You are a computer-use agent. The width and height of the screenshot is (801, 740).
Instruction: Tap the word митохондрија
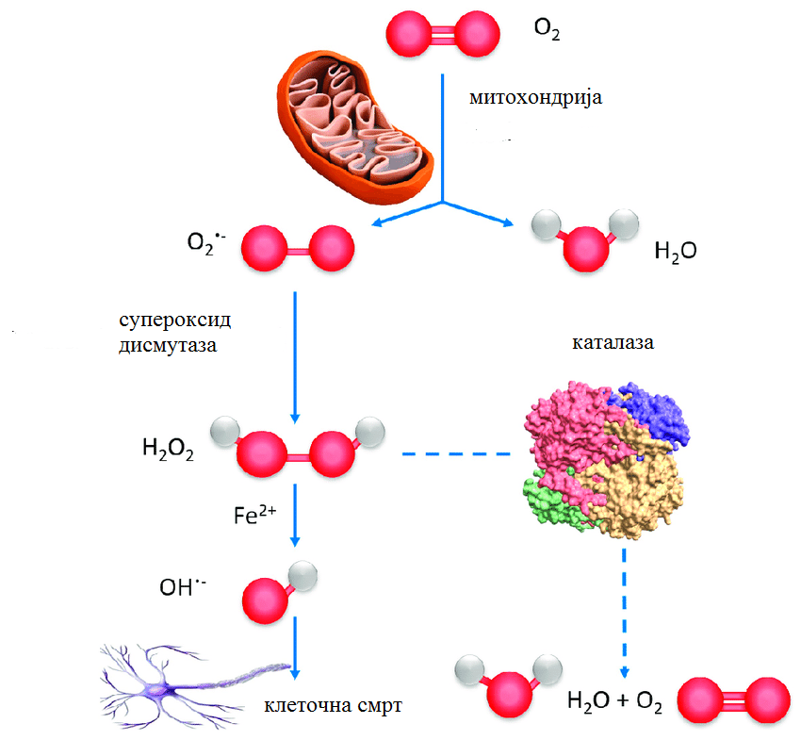(536, 97)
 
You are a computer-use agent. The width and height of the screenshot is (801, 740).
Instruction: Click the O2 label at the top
(547, 28)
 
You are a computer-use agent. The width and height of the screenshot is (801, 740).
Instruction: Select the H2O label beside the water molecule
(676, 252)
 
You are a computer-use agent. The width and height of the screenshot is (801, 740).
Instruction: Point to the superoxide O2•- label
(205, 243)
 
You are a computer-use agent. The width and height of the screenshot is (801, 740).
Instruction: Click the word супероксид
(175, 321)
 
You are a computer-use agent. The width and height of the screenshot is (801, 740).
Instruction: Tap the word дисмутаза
(168, 345)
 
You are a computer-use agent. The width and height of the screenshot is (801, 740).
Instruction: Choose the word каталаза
(613, 342)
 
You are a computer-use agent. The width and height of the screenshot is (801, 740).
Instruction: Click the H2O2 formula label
(168, 449)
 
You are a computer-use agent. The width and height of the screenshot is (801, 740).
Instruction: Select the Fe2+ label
(254, 514)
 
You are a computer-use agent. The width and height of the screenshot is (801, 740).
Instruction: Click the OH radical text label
(183, 586)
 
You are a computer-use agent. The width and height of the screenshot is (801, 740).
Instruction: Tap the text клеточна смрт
(333, 705)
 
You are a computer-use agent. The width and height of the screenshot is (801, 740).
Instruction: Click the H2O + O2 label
(614, 701)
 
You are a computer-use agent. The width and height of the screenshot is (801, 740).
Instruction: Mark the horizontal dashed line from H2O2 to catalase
(456, 453)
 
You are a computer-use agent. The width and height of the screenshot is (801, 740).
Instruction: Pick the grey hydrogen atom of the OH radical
(302, 576)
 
